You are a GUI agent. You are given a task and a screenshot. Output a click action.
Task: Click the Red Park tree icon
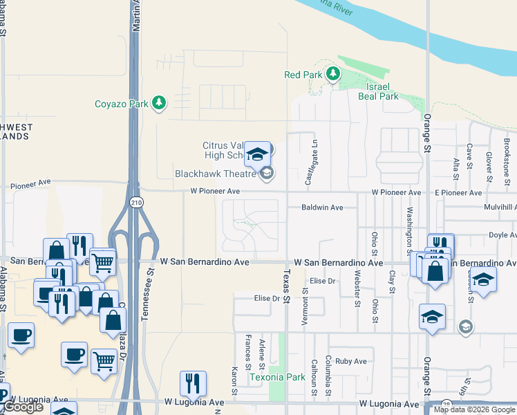(x=333, y=74)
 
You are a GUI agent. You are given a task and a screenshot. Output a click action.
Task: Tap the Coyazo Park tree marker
(x=160, y=104)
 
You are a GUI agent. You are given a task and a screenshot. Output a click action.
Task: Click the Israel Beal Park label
(x=379, y=91)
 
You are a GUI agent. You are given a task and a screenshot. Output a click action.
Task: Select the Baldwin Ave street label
(x=322, y=207)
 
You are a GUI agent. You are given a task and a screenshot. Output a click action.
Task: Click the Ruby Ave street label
(x=350, y=361)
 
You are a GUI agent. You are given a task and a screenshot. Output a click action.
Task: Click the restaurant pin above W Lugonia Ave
(x=193, y=383)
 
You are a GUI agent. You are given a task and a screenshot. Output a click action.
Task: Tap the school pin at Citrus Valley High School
(x=257, y=156)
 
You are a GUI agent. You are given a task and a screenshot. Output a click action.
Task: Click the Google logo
(x=22, y=407)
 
